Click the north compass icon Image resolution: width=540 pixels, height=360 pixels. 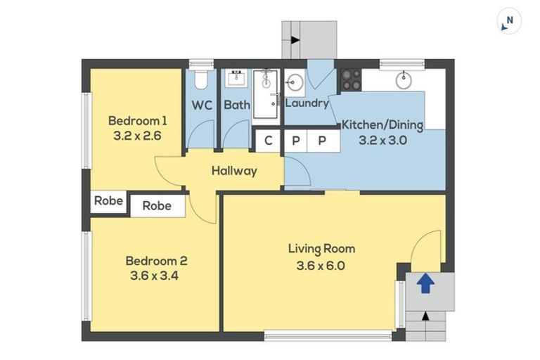pyautogui.click(x=508, y=22)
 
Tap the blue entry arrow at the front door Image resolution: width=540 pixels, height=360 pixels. pyautogui.click(x=425, y=283)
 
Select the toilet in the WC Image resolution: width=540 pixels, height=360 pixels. pyautogui.click(x=200, y=80)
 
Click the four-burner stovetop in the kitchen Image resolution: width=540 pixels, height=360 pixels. pyautogui.click(x=351, y=80)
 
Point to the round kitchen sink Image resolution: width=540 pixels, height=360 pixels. pyautogui.click(x=404, y=81)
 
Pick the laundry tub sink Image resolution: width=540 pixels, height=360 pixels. pyautogui.click(x=294, y=83)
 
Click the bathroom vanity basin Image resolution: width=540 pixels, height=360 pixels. pyautogui.click(x=236, y=79)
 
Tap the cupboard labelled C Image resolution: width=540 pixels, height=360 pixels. pyautogui.click(x=269, y=141)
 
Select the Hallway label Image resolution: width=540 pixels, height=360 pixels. pyautogui.click(x=234, y=171)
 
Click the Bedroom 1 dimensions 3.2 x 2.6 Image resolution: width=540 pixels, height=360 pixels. pyautogui.click(x=137, y=136)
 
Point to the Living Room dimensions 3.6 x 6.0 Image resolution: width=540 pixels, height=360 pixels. pyautogui.click(x=321, y=266)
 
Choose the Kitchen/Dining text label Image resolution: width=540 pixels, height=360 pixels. pyautogui.click(x=382, y=124)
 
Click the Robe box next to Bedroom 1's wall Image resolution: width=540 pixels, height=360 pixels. pyautogui.click(x=108, y=201)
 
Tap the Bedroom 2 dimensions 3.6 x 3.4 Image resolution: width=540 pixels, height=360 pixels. pyautogui.click(x=154, y=276)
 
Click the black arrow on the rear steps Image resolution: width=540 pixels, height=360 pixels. pyautogui.click(x=295, y=40)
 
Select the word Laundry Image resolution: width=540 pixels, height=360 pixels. pyautogui.click(x=307, y=103)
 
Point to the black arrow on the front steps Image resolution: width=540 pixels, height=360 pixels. pyautogui.click(x=425, y=315)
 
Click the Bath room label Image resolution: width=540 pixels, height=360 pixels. pyautogui.click(x=237, y=105)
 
